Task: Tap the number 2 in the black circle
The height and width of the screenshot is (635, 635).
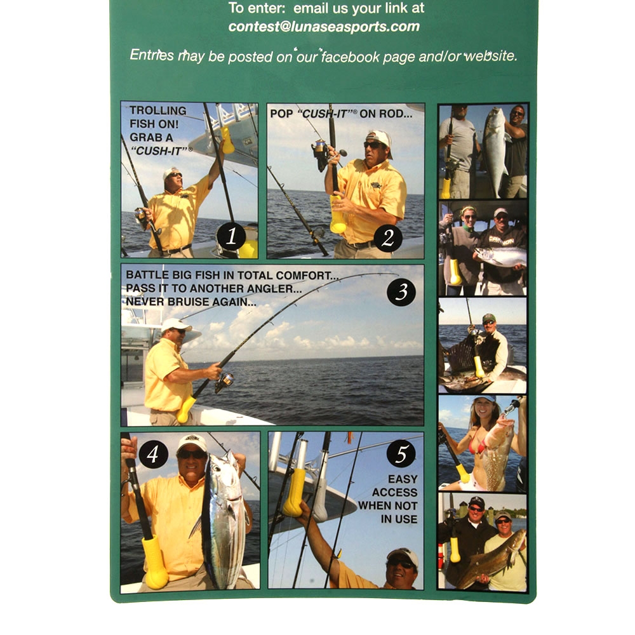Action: coord(387,237)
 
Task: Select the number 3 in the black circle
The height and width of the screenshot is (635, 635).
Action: coord(401,291)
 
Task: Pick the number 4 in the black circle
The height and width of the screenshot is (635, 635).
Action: coord(152,453)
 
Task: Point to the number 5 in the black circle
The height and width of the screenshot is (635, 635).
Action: coord(401,453)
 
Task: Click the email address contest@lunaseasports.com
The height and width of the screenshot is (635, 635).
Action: coord(324,27)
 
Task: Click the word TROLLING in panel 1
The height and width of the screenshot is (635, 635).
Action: coord(158,110)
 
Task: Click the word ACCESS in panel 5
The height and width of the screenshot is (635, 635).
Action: coord(394,492)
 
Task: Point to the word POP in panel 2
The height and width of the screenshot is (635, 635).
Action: coord(281,114)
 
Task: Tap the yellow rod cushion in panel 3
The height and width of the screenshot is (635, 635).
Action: coord(186,409)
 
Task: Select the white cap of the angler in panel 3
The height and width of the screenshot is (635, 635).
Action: coord(175,324)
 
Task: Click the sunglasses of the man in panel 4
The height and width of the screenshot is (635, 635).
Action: coord(192,455)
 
